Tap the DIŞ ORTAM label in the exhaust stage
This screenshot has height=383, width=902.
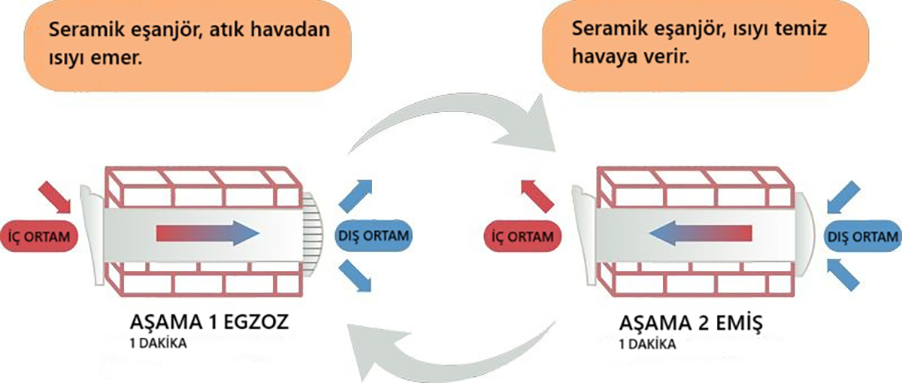click(373, 236)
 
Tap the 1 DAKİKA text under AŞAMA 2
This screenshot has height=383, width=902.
click(646, 345)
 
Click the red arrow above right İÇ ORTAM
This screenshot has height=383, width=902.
click(536, 195)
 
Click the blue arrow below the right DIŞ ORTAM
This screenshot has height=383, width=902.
click(843, 275)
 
